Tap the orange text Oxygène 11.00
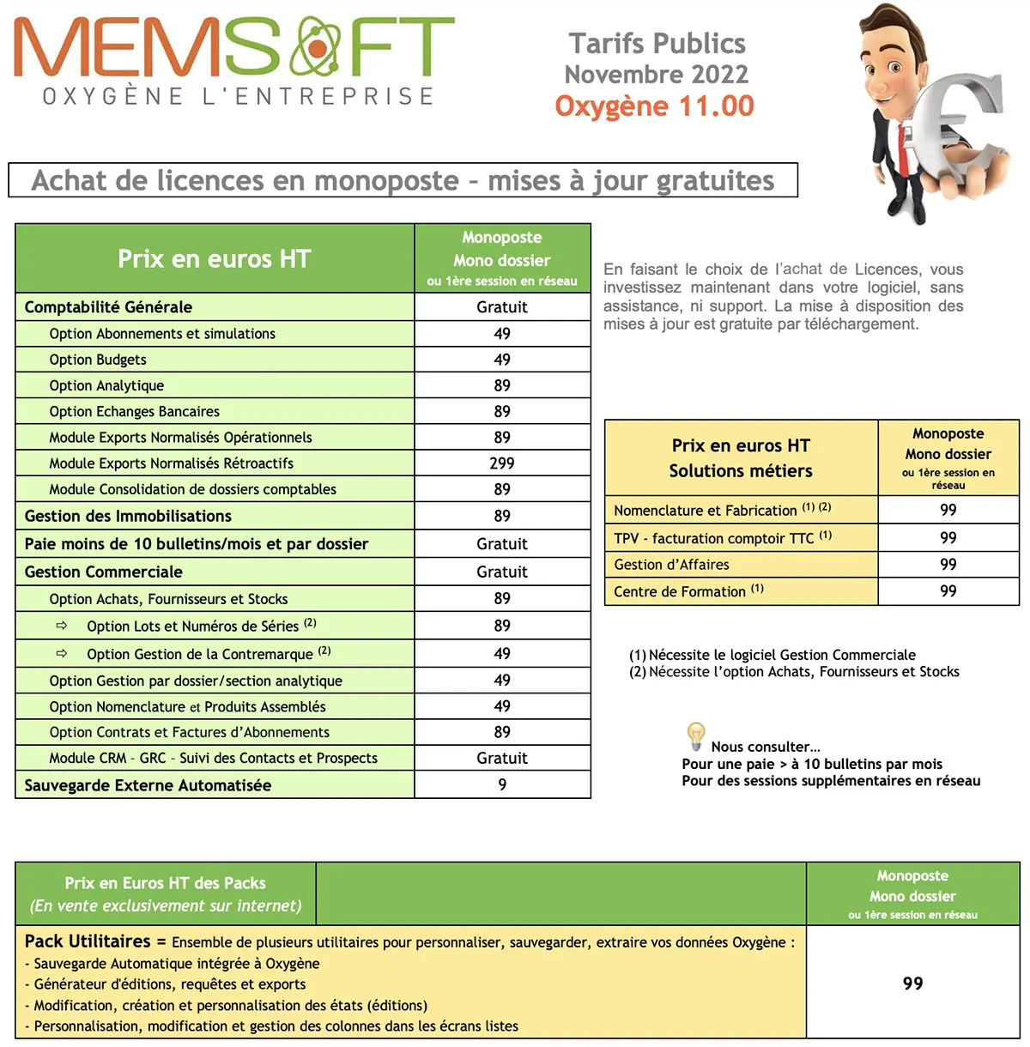[654, 106]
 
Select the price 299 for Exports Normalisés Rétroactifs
[502, 463]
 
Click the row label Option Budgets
[98, 360]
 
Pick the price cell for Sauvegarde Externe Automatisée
[502, 785]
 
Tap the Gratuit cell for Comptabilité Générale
[502, 307]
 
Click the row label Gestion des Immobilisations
[128, 516]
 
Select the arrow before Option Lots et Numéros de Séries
[62, 626]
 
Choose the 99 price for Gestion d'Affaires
[948, 565]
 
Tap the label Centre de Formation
[680, 591]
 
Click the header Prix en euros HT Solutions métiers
[741, 458]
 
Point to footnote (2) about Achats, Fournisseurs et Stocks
[794, 672]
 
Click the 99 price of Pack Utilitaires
[912, 983]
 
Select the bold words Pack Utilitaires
[88, 941]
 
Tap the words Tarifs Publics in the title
[657, 44]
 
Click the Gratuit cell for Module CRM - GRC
[502, 759]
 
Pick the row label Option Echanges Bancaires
[135, 412]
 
